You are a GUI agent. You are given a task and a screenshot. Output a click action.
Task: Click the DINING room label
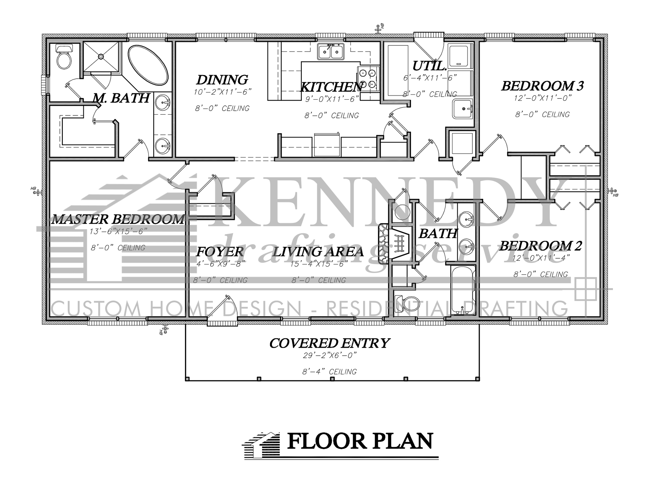point(222,79)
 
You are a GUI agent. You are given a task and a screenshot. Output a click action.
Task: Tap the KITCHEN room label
point(331,87)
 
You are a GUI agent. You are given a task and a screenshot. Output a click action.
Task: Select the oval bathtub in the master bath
point(148,64)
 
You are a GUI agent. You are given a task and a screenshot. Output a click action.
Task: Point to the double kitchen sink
point(331,52)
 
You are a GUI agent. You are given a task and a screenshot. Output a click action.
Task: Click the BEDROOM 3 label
point(542,86)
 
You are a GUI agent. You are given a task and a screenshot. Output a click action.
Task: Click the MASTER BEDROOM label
point(118,219)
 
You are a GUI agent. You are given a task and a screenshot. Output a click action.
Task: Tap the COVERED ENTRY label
point(330,343)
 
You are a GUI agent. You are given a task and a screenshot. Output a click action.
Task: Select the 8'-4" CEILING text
point(330,371)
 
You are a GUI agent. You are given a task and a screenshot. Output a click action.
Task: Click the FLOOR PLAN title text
point(360,441)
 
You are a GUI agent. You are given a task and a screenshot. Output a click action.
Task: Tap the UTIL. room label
point(429,66)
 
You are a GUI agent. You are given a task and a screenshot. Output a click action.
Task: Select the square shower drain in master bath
point(101,56)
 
